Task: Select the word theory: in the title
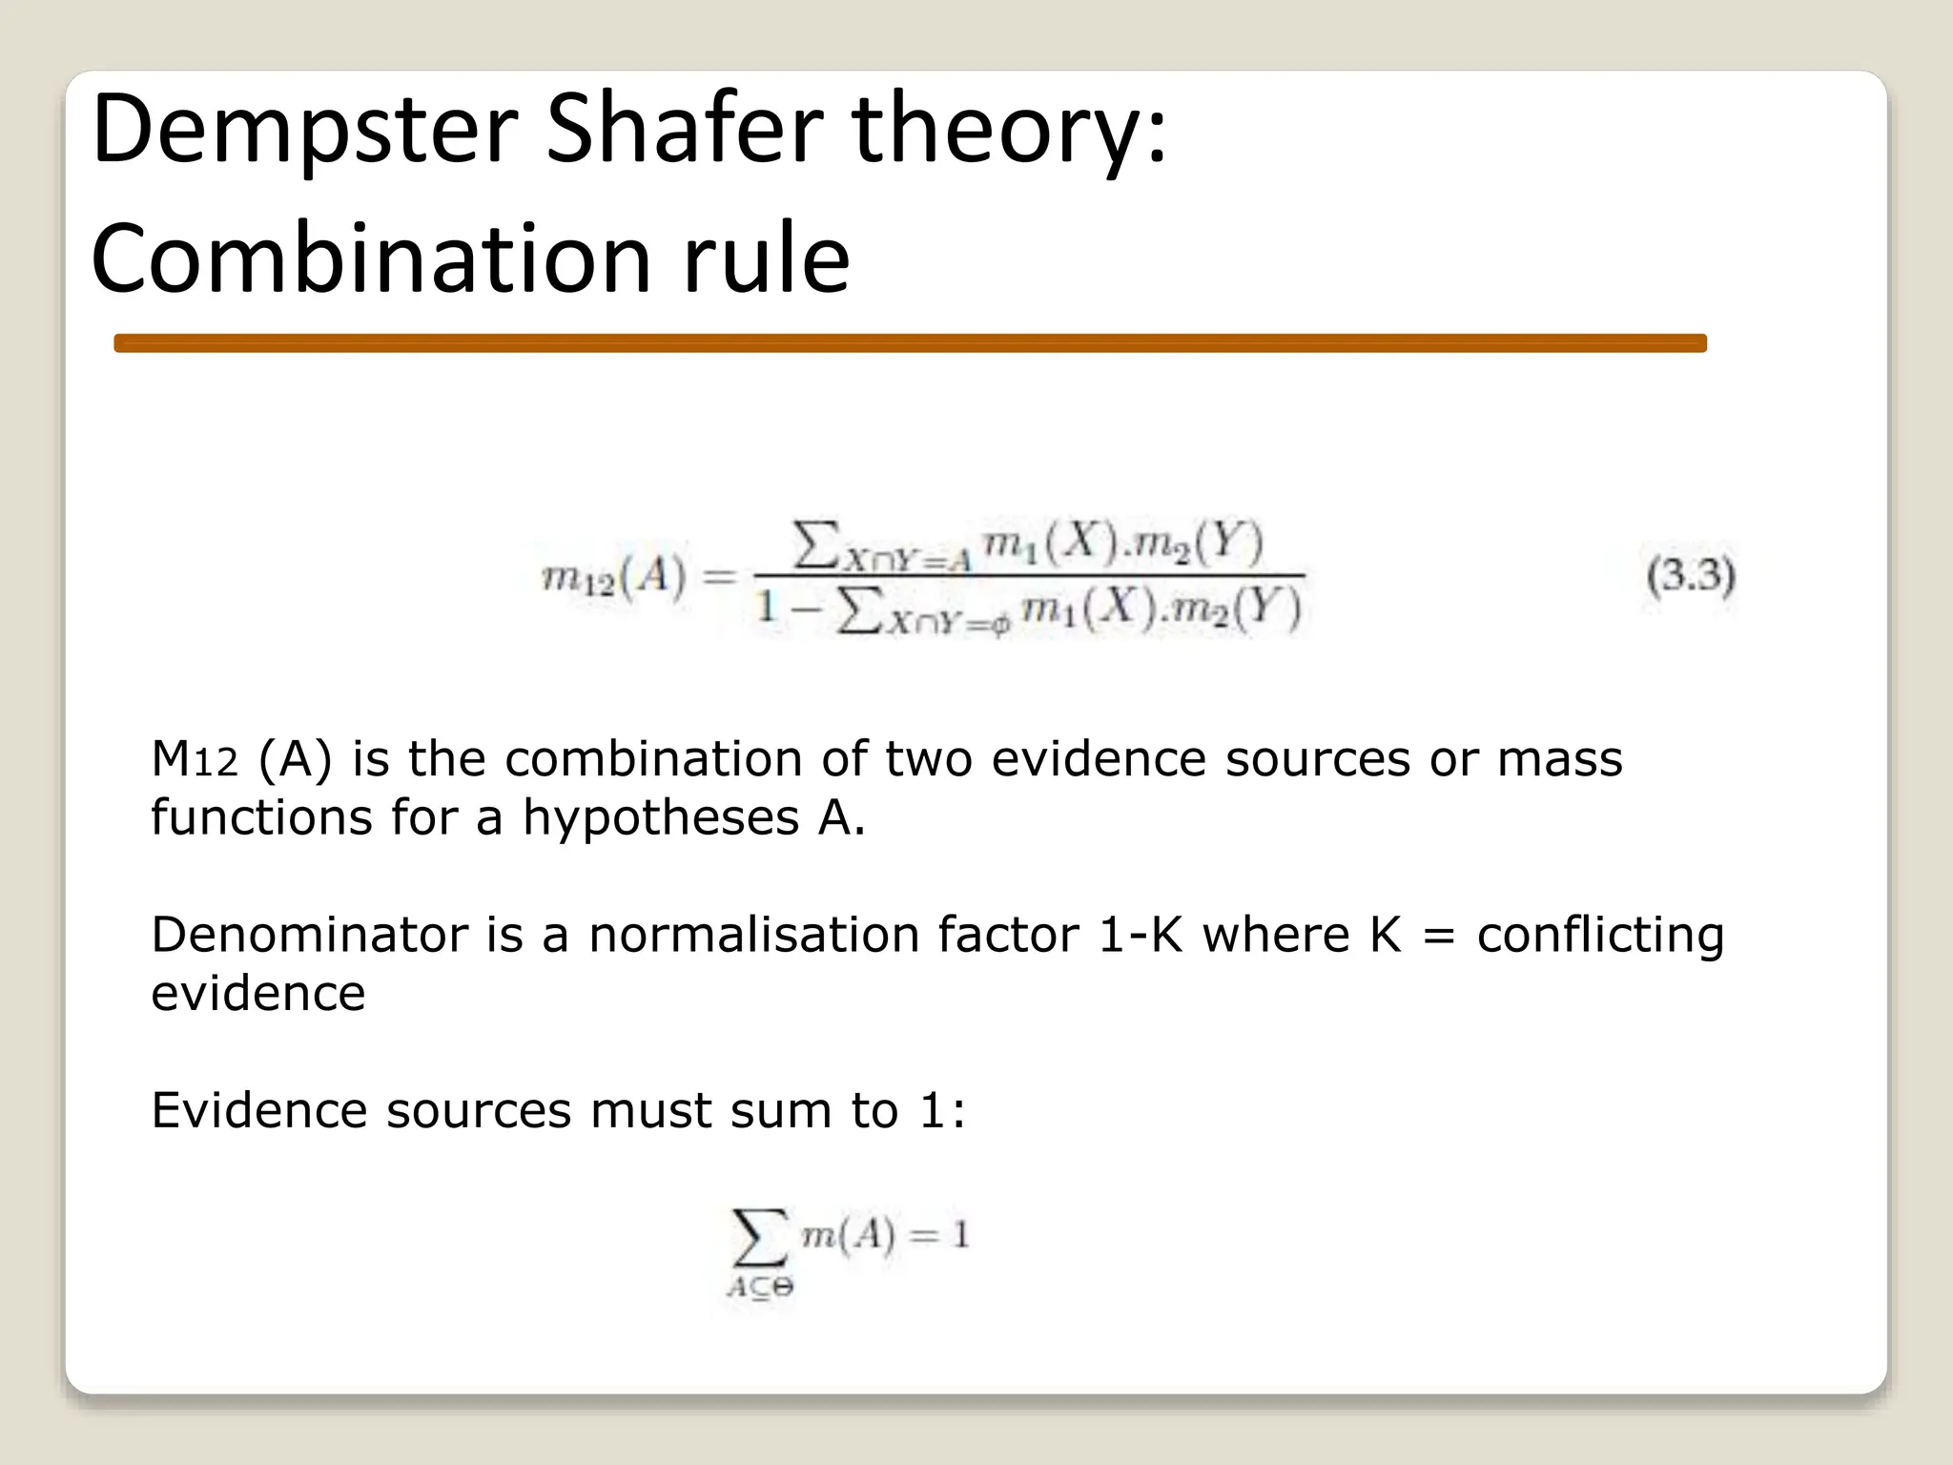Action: point(1009,131)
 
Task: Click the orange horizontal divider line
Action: point(910,343)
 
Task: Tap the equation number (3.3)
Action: point(1690,575)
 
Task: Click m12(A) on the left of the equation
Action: point(614,578)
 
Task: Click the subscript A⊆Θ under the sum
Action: point(760,1288)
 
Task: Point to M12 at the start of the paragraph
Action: point(194,760)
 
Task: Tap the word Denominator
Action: point(310,935)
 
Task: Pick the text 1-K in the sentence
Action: point(1141,935)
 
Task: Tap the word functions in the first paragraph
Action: point(262,818)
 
